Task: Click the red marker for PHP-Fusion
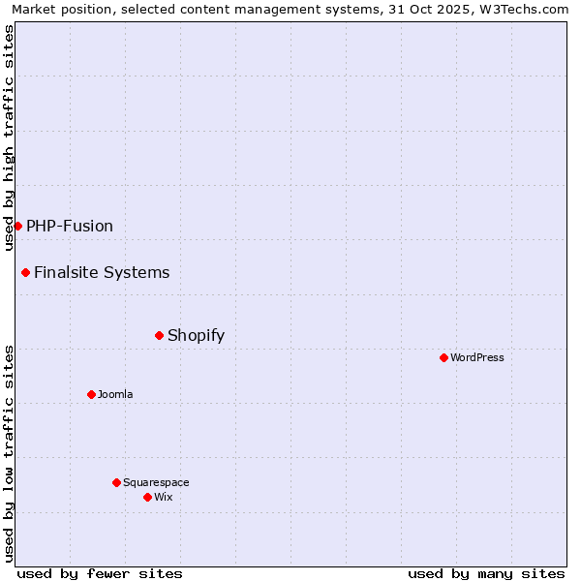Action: pos(17,226)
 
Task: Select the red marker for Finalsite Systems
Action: pos(25,272)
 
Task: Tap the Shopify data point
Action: pos(159,335)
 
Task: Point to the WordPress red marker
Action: pos(443,357)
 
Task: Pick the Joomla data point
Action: pos(91,394)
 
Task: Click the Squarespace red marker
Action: pos(116,482)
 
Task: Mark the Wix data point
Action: pos(147,497)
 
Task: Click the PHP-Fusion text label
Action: pos(70,226)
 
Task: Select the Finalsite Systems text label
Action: pos(102,272)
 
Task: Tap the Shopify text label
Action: pos(196,335)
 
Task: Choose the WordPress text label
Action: pos(477,357)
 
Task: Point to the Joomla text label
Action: pos(115,394)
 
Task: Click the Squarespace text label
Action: pos(156,482)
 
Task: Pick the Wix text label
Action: pos(164,497)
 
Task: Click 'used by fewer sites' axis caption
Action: pos(100,573)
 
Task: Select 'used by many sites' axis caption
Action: pos(486,573)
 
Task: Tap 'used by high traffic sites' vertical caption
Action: pos(10,138)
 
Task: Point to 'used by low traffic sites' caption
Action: pos(10,453)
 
